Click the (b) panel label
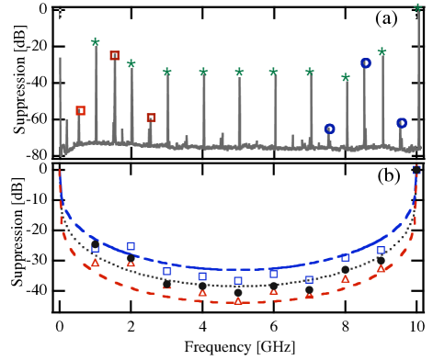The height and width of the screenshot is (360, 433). pos(388,175)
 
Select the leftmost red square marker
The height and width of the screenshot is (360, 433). pos(81,110)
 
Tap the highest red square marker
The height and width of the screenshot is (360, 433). pos(115,55)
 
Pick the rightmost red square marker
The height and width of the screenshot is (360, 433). pos(151,118)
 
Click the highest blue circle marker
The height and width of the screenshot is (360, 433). pos(365,63)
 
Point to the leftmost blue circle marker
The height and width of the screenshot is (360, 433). pos(329,129)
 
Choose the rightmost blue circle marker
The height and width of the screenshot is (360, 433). pos(402,122)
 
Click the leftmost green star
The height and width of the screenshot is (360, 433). pos(96,41)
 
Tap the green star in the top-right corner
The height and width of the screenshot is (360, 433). pos(417,8)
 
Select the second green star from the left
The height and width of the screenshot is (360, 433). pos(131,63)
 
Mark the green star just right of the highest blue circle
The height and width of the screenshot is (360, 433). pos(382,51)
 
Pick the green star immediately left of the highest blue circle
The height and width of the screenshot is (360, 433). pos(346,77)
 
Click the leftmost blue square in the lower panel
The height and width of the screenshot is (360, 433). pos(96,248)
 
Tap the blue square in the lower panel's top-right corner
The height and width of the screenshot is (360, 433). pos(416,169)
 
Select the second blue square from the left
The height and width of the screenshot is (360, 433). pos(131,246)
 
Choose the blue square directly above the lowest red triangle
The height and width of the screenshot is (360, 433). pos(238,281)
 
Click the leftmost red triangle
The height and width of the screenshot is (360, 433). pos(96,263)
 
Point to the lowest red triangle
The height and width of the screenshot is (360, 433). pos(238,299)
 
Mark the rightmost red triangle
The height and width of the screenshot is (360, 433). pos(381,268)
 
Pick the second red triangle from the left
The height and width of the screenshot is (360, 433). pos(131,263)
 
